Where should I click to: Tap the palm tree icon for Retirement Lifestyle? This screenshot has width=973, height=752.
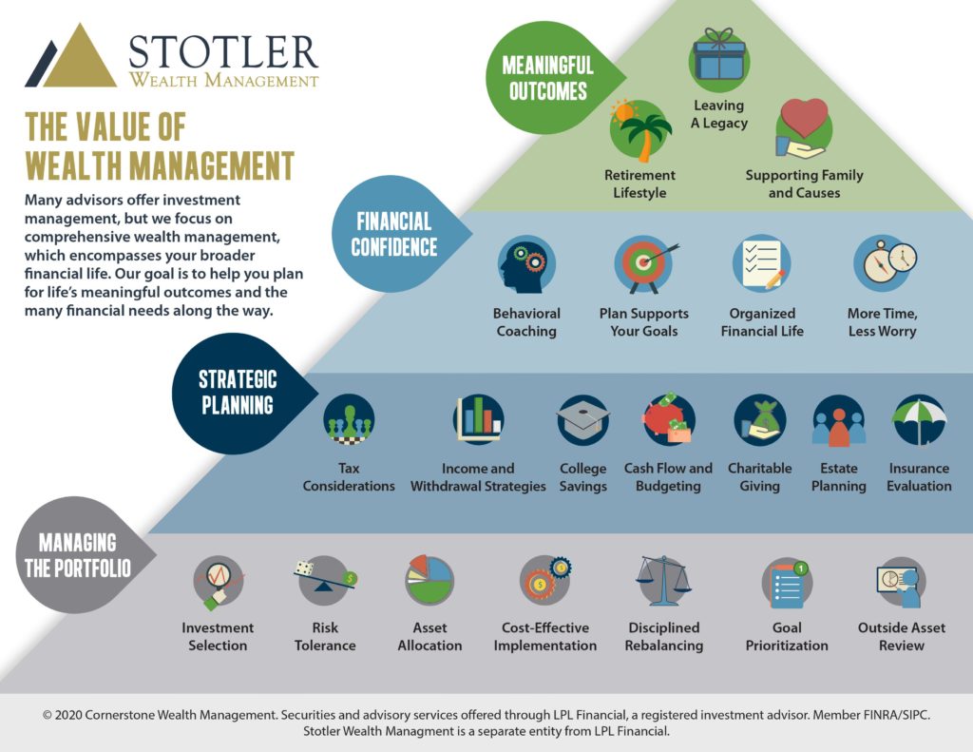pyautogui.click(x=640, y=130)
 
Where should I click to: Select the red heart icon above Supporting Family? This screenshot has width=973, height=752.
pyautogui.click(x=804, y=128)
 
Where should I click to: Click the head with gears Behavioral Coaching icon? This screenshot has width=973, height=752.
pyautogui.click(x=526, y=264)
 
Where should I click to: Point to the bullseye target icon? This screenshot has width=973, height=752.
pyautogui.click(x=645, y=264)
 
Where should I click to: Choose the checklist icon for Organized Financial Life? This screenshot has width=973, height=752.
pyautogui.click(x=762, y=263)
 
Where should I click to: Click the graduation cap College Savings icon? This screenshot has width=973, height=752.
pyautogui.click(x=582, y=420)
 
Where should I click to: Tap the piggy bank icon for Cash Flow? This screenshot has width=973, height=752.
pyautogui.click(x=668, y=419)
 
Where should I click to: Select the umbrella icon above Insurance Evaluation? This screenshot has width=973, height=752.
pyautogui.click(x=919, y=420)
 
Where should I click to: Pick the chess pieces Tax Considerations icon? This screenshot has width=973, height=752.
pyautogui.click(x=349, y=420)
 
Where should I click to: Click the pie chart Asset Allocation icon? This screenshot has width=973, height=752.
pyautogui.click(x=429, y=579)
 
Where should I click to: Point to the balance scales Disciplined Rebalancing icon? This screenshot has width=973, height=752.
pyautogui.click(x=663, y=581)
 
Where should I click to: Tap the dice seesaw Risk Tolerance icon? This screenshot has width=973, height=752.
pyautogui.click(x=325, y=579)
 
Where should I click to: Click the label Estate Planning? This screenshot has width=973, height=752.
pyautogui.click(x=839, y=477)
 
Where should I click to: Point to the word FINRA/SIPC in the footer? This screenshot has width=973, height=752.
pyautogui.click(x=897, y=715)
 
